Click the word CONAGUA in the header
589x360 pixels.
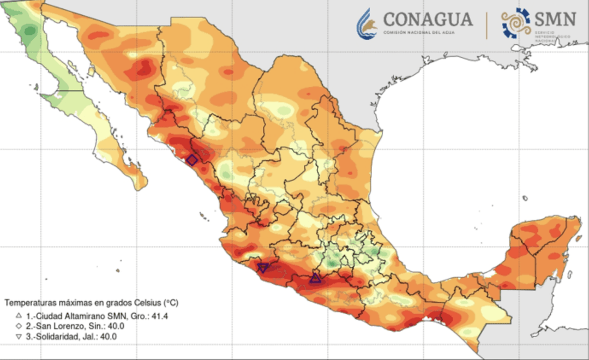pos(428,20)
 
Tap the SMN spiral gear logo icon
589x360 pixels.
pos(516,23)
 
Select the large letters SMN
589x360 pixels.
pos(555,20)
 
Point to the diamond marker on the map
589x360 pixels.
pos(192,160)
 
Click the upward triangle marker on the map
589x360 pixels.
pos(315,278)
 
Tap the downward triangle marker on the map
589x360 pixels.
pos(263,268)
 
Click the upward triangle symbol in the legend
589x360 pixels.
pos(18,316)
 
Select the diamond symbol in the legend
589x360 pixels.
pos(18,326)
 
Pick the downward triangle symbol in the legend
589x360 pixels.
pos(18,337)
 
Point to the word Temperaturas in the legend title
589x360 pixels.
pos(29,302)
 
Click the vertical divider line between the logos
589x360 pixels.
pos(487,25)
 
